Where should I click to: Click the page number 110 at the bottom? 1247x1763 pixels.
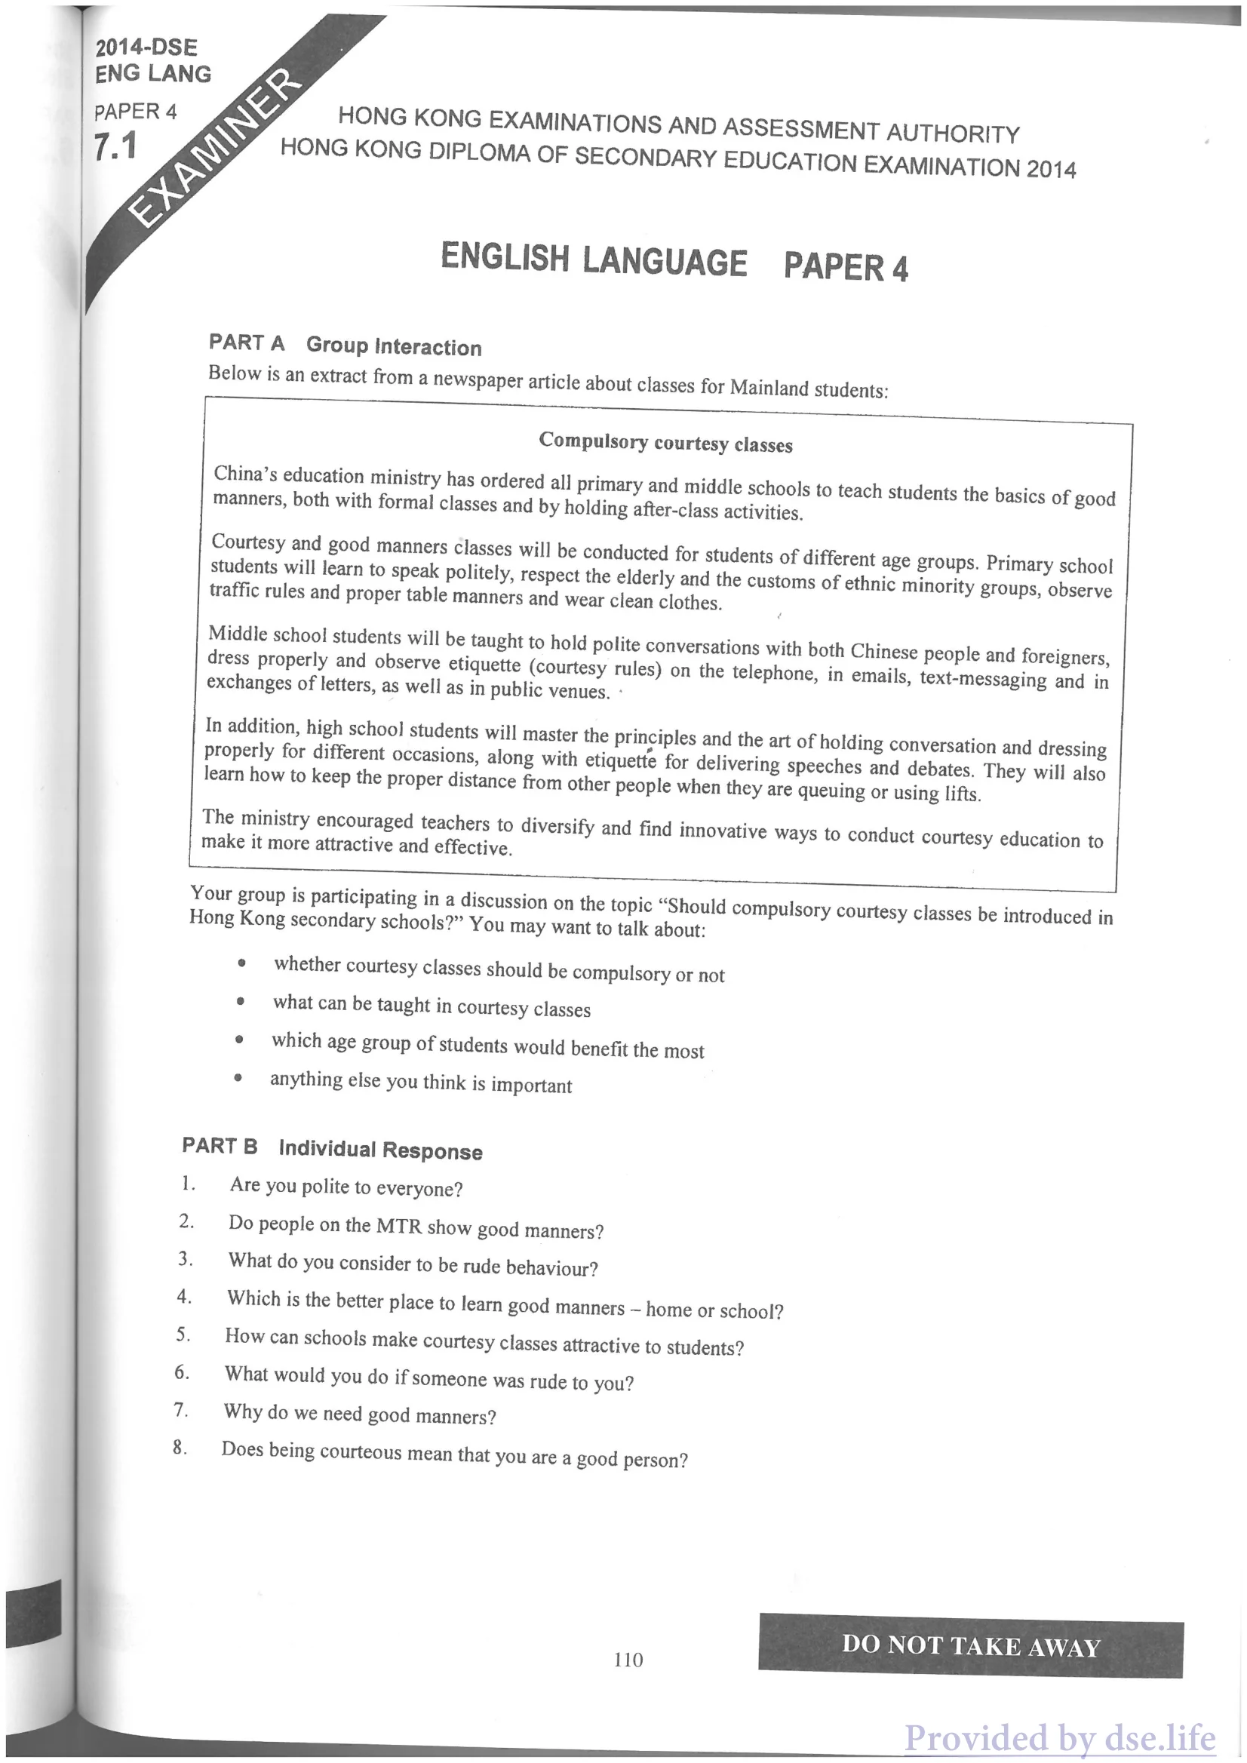pyautogui.click(x=628, y=1660)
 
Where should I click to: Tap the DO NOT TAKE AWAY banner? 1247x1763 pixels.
pyautogui.click(x=971, y=1645)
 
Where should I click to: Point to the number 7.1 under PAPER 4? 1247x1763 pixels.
pyautogui.click(x=115, y=146)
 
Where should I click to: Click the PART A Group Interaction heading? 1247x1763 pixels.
pyautogui.click(x=345, y=345)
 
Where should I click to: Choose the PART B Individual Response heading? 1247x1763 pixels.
pyautogui.click(x=332, y=1149)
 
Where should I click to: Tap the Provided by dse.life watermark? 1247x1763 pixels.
pyautogui.click(x=1060, y=1737)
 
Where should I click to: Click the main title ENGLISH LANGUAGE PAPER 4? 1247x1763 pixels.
pyautogui.click(x=674, y=262)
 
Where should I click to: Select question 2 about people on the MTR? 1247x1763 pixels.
pyautogui.click(x=416, y=1227)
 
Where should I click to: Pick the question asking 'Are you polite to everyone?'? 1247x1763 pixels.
pyautogui.click(x=346, y=1188)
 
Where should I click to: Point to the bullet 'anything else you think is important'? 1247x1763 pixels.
pyautogui.click(x=421, y=1083)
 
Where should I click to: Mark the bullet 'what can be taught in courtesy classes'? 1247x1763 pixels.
pyautogui.click(x=432, y=1006)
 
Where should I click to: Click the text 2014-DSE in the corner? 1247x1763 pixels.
pyautogui.click(x=146, y=48)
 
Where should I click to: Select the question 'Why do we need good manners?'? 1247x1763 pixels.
pyautogui.click(x=359, y=1414)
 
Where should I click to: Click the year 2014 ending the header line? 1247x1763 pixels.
pyautogui.click(x=1051, y=169)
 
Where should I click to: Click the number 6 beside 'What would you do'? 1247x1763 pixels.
pyautogui.click(x=181, y=1372)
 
